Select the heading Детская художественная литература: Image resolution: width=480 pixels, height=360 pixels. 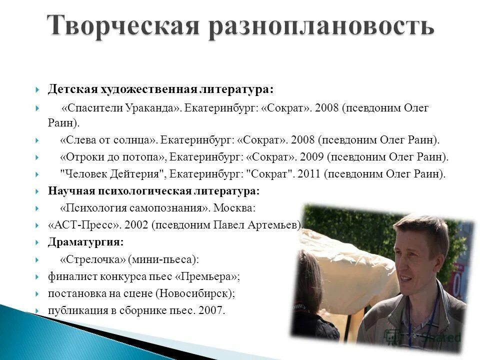[160, 89]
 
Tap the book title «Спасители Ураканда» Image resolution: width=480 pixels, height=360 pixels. [120, 108]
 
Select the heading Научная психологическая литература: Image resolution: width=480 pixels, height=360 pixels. [153, 191]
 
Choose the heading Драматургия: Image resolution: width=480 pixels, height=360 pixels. [85, 242]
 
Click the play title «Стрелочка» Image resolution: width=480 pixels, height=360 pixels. [92, 259]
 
